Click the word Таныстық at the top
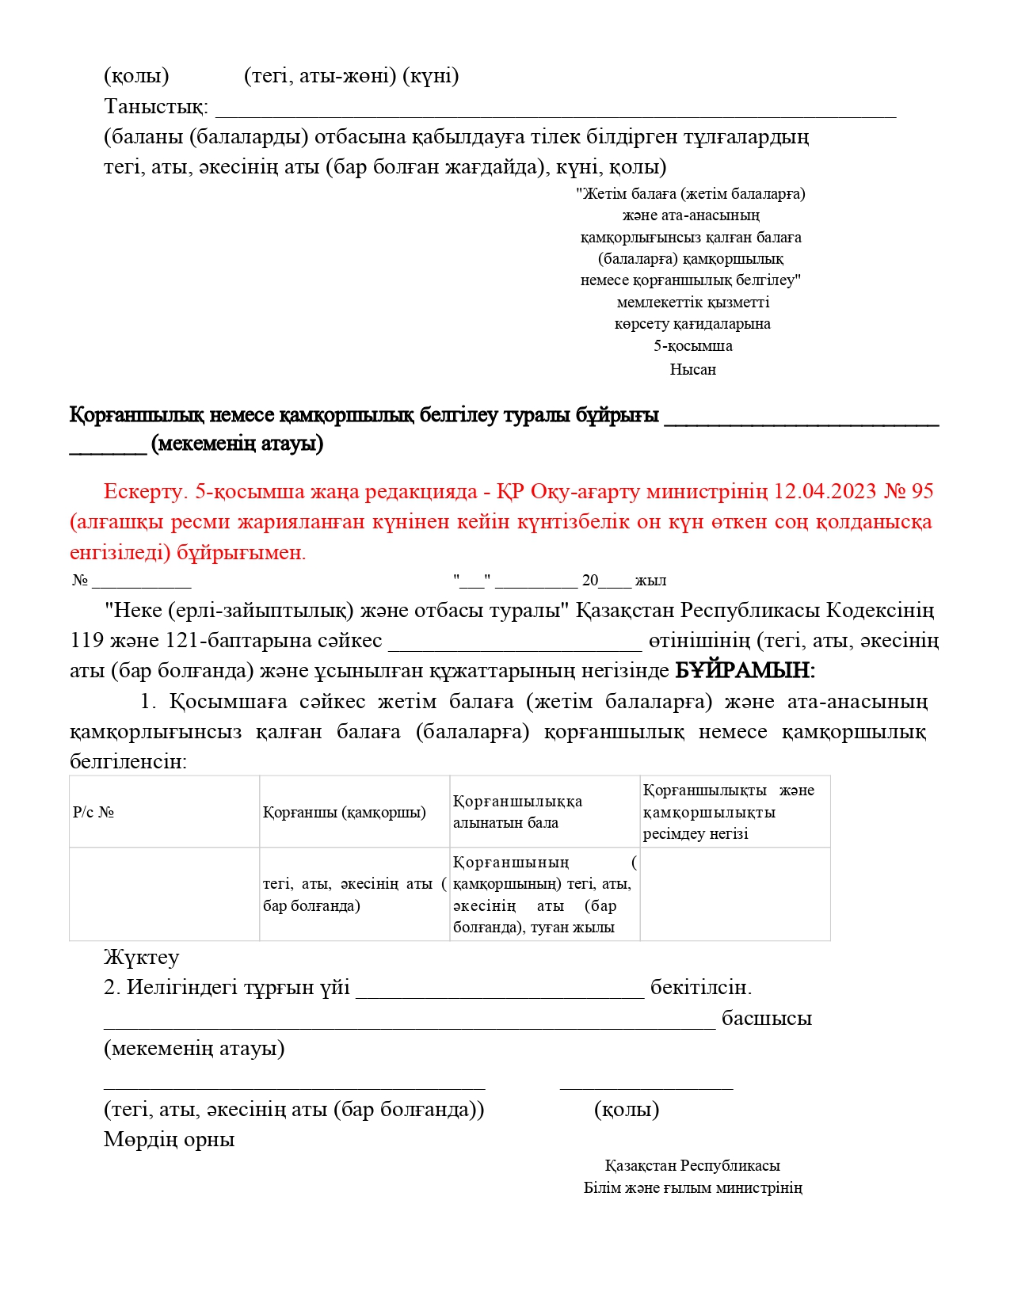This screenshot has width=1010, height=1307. tap(155, 106)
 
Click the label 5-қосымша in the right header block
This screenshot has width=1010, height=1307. tap(692, 346)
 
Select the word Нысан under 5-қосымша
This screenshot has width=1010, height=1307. tap(692, 369)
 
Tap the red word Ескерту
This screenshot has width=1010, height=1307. tap(143, 492)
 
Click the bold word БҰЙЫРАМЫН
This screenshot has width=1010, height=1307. tap(744, 671)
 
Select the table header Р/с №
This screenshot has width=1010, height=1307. tap(93, 813)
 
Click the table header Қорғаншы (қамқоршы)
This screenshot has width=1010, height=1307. tap(345, 813)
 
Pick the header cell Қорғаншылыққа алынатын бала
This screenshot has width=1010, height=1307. tap(517, 812)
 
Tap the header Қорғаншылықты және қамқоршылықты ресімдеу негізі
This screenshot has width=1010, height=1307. tap(728, 812)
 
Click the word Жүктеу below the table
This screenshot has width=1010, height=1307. tap(141, 958)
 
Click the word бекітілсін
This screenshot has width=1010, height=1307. tap(700, 988)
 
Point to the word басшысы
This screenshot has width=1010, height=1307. tap(766, 1019)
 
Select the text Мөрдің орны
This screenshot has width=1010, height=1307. tap(169, 1140)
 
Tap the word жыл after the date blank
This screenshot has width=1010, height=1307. tap(650, 581)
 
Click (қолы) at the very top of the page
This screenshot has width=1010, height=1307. tap(136, 76)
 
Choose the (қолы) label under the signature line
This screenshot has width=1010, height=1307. tap(627, 1110)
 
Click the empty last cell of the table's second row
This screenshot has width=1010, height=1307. tap(734, 894)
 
